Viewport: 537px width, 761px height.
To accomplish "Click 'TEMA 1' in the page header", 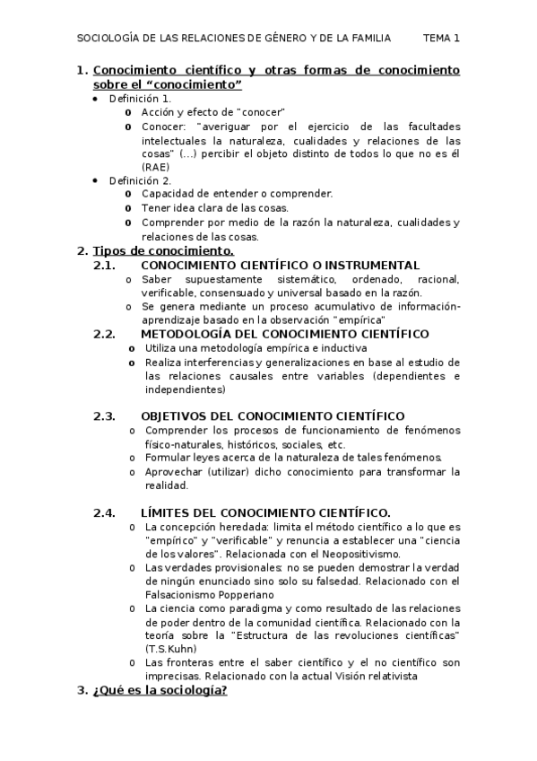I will click(441, 38).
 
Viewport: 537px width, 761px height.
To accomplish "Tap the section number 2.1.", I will click(106, 266).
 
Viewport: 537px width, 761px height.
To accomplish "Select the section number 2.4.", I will click(106, 513).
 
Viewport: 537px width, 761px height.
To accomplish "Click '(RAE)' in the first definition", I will click(155, 167).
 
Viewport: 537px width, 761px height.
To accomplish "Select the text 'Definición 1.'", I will click(140, 98).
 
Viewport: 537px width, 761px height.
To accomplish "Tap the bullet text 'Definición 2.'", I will click(141, 180).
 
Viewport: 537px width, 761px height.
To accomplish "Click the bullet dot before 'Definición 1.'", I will click(96, 98).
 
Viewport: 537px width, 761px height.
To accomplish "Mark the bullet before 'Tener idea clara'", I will click(130, 208).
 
